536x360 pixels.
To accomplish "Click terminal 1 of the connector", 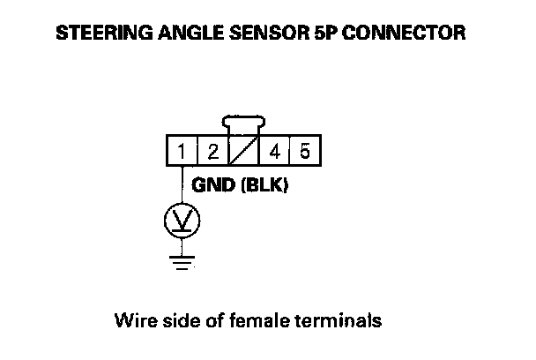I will pos(181,152).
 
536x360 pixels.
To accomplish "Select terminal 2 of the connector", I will pos(212,152).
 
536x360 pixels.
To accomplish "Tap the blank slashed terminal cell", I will pos(244,152).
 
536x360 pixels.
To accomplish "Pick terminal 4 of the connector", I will pos(275,152).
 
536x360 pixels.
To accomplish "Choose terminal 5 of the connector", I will pos(304,152).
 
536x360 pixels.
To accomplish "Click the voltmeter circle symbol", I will pos(182,221).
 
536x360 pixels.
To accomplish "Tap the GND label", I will pos(211,187).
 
